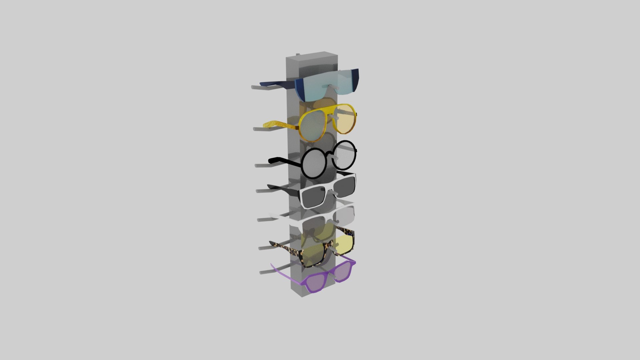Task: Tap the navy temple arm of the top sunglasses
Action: coord(277,83)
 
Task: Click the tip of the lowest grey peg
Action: coord(262,273)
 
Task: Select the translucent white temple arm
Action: coord(283,216)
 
